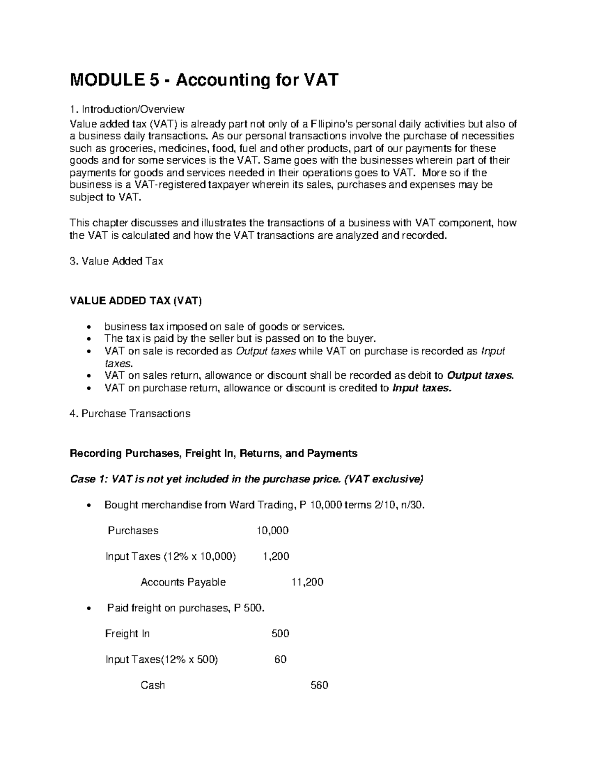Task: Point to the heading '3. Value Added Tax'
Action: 116,261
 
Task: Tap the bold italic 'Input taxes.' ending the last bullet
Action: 421,388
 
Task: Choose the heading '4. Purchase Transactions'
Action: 130,414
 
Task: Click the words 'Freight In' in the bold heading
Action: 209,453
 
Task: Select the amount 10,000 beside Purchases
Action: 272,531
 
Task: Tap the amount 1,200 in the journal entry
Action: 276,556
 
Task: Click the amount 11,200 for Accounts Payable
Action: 307,582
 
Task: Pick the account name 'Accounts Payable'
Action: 183,582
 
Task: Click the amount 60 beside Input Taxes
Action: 280,659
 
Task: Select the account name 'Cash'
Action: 153,685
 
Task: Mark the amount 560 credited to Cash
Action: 319,685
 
